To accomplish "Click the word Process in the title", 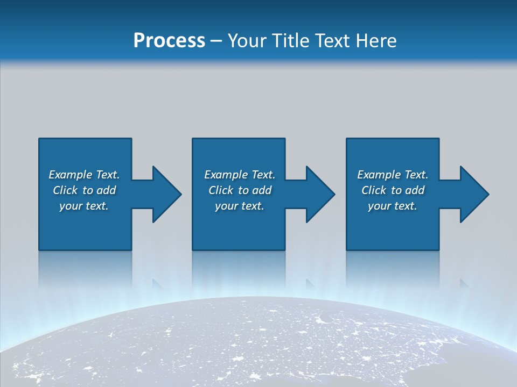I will tap(169, 41).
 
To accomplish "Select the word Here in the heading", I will tap(376, 41).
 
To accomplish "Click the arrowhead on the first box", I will tap(167, 194).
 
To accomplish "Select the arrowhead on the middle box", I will tap(320, 194).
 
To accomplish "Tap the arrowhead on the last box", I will tap(474, 194).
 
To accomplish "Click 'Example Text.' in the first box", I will tap(84, 175).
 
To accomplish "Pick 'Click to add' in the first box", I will tap(84, 190).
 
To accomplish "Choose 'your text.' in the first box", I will tap(84, 206).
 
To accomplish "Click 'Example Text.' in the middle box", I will tap(240, 175).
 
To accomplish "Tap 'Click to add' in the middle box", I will tap(240, 190).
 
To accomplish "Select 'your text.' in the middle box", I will tap(240, 206).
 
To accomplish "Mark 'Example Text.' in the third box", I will tap(393, 175).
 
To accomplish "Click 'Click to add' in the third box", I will tap(393, 190).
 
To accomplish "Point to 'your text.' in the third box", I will tap(393, 206).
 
